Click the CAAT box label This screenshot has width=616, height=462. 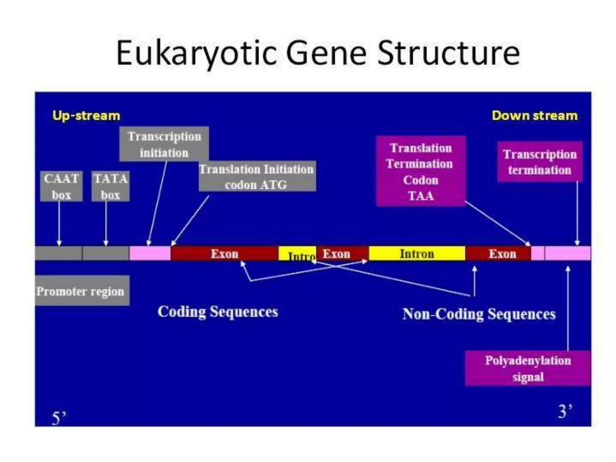(x=61, y=186)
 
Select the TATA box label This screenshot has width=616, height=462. (x=111, y=186)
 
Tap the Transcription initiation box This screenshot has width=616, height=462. (x=164, y=144)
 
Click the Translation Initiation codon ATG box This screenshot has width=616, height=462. (x=257, y=176)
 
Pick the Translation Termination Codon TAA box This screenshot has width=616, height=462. (x=420, y=171)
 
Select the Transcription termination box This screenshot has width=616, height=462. (x=540, y=162)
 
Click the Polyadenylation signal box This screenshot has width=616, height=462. (x=528, y=368)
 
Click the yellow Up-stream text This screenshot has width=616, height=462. (x=86, y=115)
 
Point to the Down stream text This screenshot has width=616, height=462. (x=534, y=115)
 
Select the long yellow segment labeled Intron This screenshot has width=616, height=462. (x=417, y=254)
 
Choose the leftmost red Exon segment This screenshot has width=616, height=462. (x=224, y=254)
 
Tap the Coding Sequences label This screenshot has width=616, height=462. (x=217, y=311)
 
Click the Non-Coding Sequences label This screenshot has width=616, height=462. (x=479, y=314)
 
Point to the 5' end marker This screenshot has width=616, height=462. (x=58, y=418)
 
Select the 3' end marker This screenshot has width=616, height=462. (x=565, y=411)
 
